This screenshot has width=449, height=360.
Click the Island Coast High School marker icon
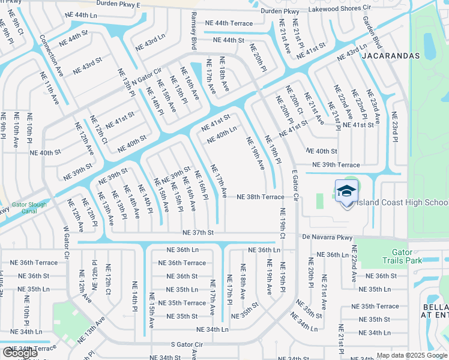point(346,192)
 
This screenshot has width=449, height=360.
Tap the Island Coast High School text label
point(401,202)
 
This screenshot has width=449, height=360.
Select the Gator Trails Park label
point(402,256)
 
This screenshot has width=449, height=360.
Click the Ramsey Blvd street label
point(194,31)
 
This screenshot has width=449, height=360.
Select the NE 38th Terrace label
point(260,197)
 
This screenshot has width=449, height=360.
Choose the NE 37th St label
point(199,233)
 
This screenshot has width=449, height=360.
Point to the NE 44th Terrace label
point(229,23)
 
